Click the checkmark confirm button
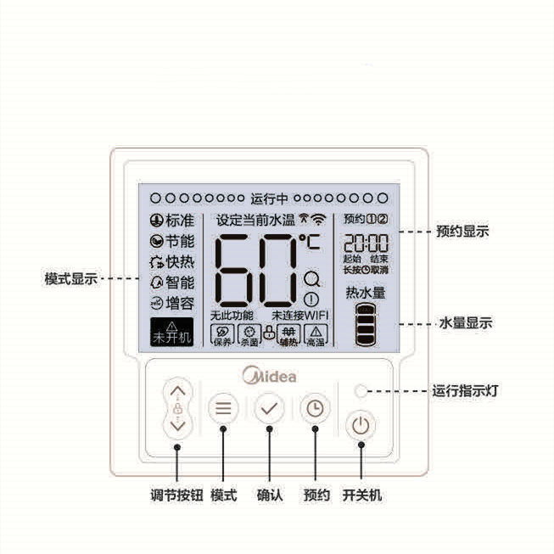tap(269, 408)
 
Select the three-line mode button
tap(223, 408)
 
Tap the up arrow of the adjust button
tap(176, 393)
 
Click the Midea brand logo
tap(270, 375)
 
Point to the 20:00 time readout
tap(366, 242)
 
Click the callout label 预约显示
tap(462, 231)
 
